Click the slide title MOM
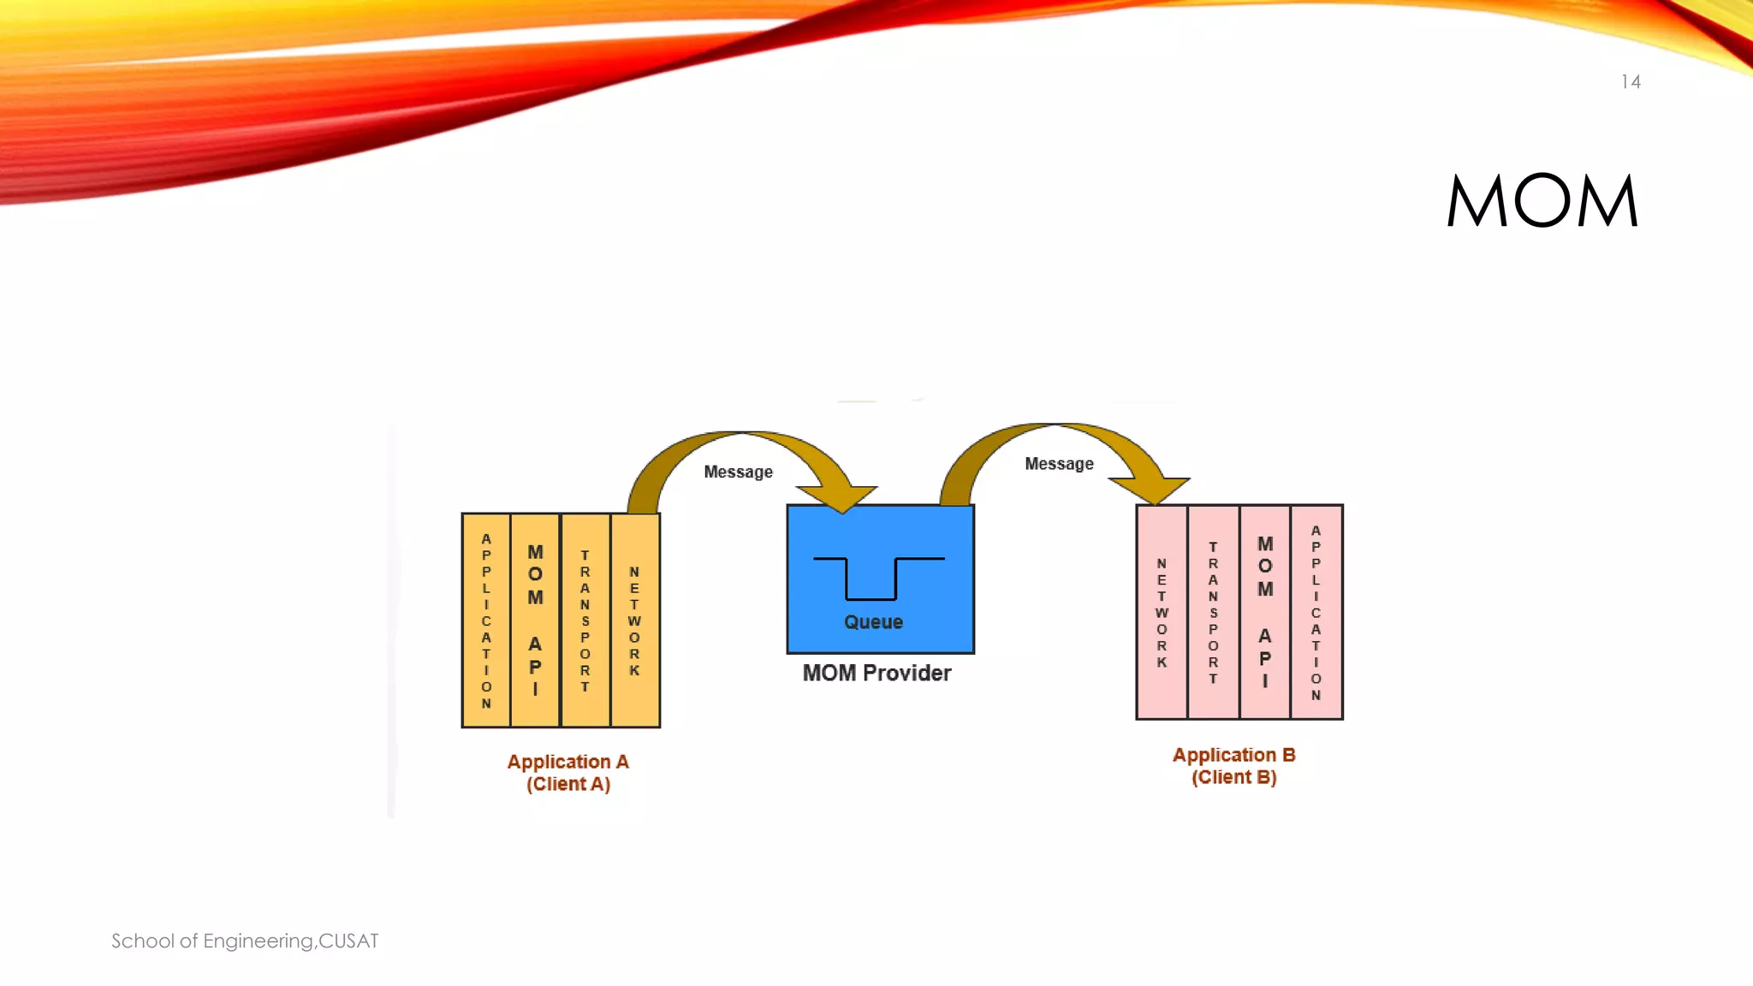click(x=1542, y=201)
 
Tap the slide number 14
click(x=1630, y=82)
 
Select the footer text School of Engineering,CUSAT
click(x=245, y=941)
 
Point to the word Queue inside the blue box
click(x=873, y=622)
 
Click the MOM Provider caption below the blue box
click(x=876, y=674)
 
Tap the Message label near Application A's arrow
click(x=738, y=472)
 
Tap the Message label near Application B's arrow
click(x=1059, y=464)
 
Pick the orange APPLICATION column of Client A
click(x=486, y=621)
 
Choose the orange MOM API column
click(x=535, y=621)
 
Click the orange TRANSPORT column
click(x=585, y=621)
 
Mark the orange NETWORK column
click(x=635, y=621)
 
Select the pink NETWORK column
click(x=1162, y=612)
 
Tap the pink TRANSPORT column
click(x=1213, y=612)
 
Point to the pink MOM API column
click(x=1264, y=612)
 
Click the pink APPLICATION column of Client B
click(x=1316, y=612)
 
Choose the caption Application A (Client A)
click(x=567, y=773)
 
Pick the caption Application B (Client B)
click(x=1233, y=766)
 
